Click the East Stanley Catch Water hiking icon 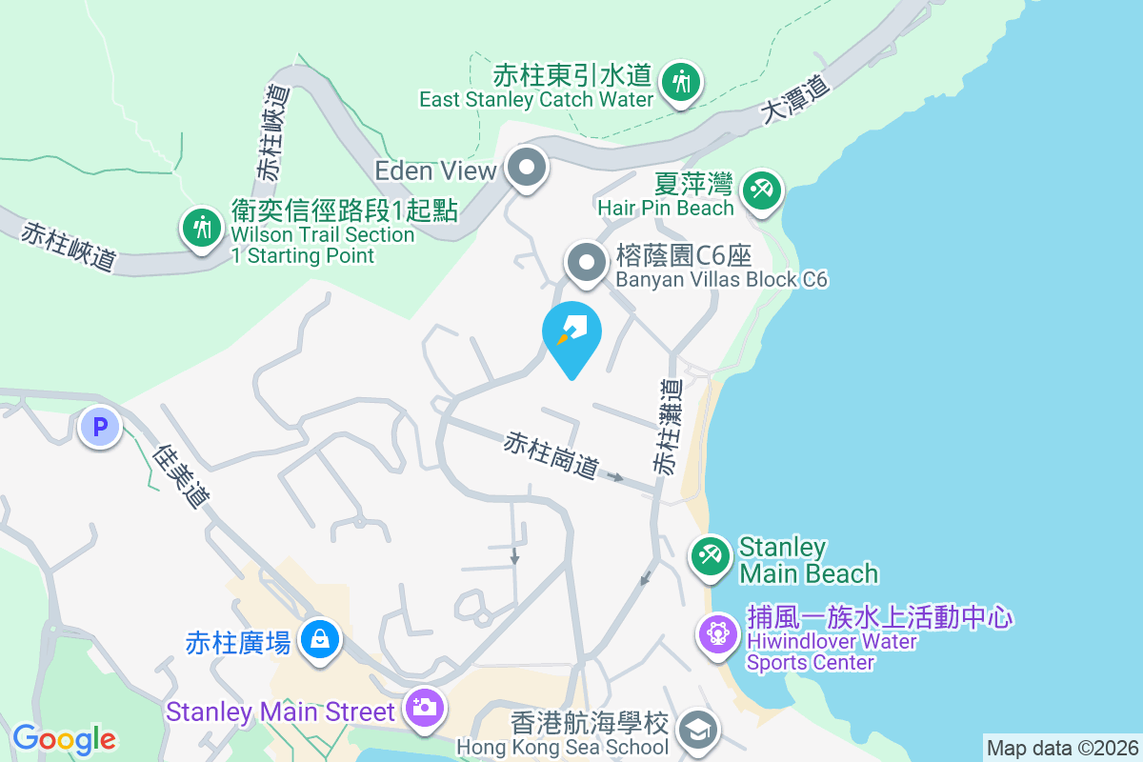point(681,82)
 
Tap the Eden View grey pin point(526,170)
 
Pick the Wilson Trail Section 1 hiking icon point(200,228)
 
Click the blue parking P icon point(99,426)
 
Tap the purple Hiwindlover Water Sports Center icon point(717,633)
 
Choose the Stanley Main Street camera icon point(424,708)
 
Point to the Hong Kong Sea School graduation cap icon point(698,731)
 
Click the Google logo point(64,739)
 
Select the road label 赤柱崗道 point(551,456)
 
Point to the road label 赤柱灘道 point(669,426)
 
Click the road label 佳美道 point(181,475)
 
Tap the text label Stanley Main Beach point(808,560)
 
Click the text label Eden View point(435,170)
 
